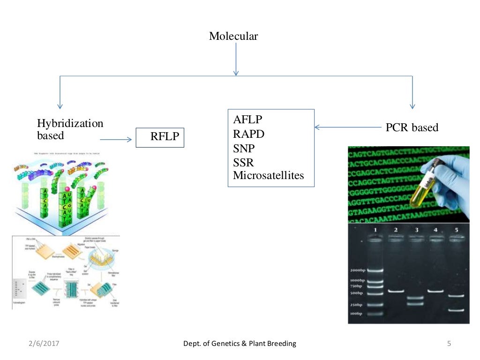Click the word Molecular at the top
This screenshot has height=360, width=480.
(x=233, y=36)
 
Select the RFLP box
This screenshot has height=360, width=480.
(x=160, y=137)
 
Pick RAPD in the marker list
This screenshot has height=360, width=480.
(x=248, y=134)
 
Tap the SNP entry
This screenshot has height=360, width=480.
(x=243, y=148)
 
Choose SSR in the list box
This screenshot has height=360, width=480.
(x=243, y=162)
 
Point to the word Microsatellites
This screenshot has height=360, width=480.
(x=268, y=176)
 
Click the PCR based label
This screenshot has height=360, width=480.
(x=412, y=127)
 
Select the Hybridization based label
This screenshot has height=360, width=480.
(x=70, y=129)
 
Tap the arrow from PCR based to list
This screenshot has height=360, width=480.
(x=347, y=127)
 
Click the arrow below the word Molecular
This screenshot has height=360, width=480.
(x=236, y=59)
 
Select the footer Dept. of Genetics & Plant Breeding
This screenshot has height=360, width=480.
(x=240, y=344)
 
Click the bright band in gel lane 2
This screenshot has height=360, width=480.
(x=396, y=291)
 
